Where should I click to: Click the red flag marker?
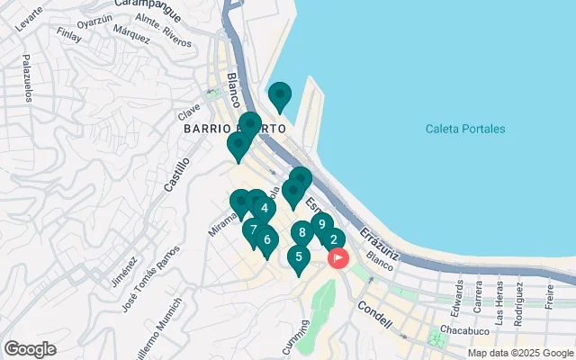[338, 258]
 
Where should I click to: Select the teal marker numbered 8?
[302, 233]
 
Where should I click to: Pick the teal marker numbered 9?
[321, 225]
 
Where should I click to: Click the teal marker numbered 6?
[266, 239]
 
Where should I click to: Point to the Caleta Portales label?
[465, 129]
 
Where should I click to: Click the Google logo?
[30, 349]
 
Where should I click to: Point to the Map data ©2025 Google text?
[520, 353]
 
